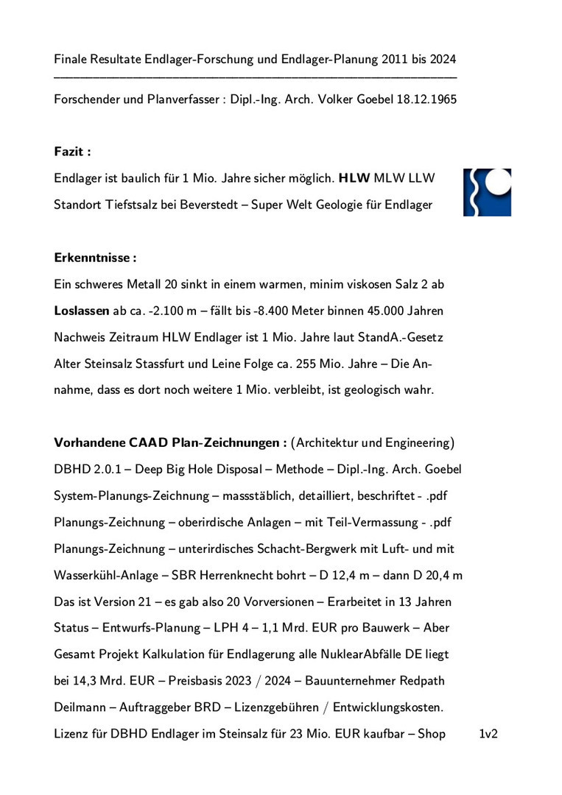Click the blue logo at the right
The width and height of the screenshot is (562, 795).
tap(487, 192)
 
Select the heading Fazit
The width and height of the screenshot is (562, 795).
tap(72, 152)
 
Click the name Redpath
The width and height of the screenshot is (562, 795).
tap(421, 681)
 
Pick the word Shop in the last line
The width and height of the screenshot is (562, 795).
tap(431, 734)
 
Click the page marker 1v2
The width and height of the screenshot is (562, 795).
tap(488, 734)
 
